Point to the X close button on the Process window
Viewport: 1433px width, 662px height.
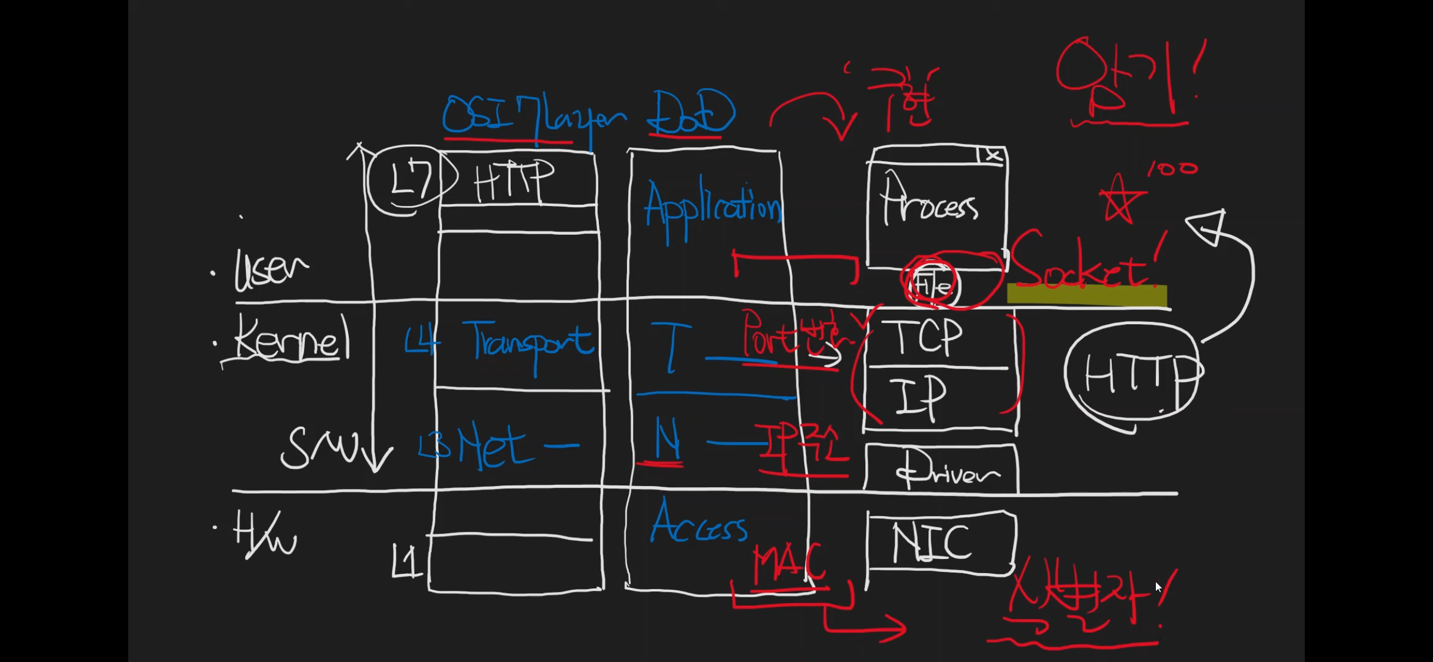pyautogui.click(x=993, y=156)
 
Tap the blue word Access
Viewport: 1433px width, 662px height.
pyautogui.click(x=699, y=524)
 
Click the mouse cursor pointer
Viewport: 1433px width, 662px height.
pyautogui.click(x=1158, y=587)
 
